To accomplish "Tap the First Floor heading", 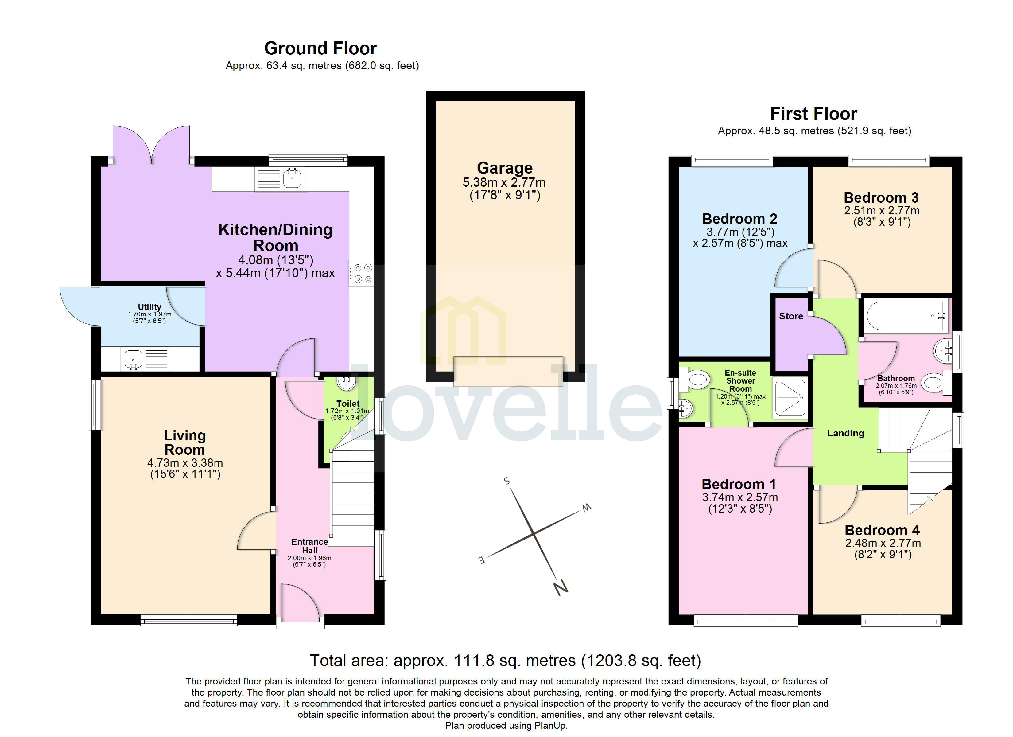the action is [813, 114].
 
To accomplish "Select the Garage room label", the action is [505, 168].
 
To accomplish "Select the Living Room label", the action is [184, 442].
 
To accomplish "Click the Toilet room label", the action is [348, 404].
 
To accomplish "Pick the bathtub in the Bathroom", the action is [906, 316].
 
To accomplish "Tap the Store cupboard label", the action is [791, 316].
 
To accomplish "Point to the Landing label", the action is [845, 433].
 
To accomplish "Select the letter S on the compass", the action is [506, 481].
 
